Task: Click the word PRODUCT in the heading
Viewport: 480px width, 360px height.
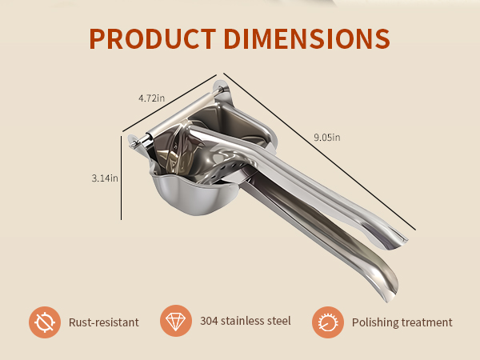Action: [x=153, y=38]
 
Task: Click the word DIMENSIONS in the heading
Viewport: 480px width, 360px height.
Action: [x=306, y=38]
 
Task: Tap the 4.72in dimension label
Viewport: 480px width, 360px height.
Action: [x=151, y=98]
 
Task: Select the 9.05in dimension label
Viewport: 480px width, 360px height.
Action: [x=327, y=137]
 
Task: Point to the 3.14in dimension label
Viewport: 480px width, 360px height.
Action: [x=105, y=178]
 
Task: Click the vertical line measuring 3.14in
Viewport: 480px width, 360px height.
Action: [x=122, y=178]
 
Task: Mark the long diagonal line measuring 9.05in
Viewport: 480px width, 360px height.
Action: [x=319, y=151]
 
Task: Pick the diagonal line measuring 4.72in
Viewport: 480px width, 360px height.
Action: [x=170, y=103]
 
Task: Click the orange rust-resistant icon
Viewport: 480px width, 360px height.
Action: [x=45, y=322]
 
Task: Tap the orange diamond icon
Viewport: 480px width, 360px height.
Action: [x=176, y=321]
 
